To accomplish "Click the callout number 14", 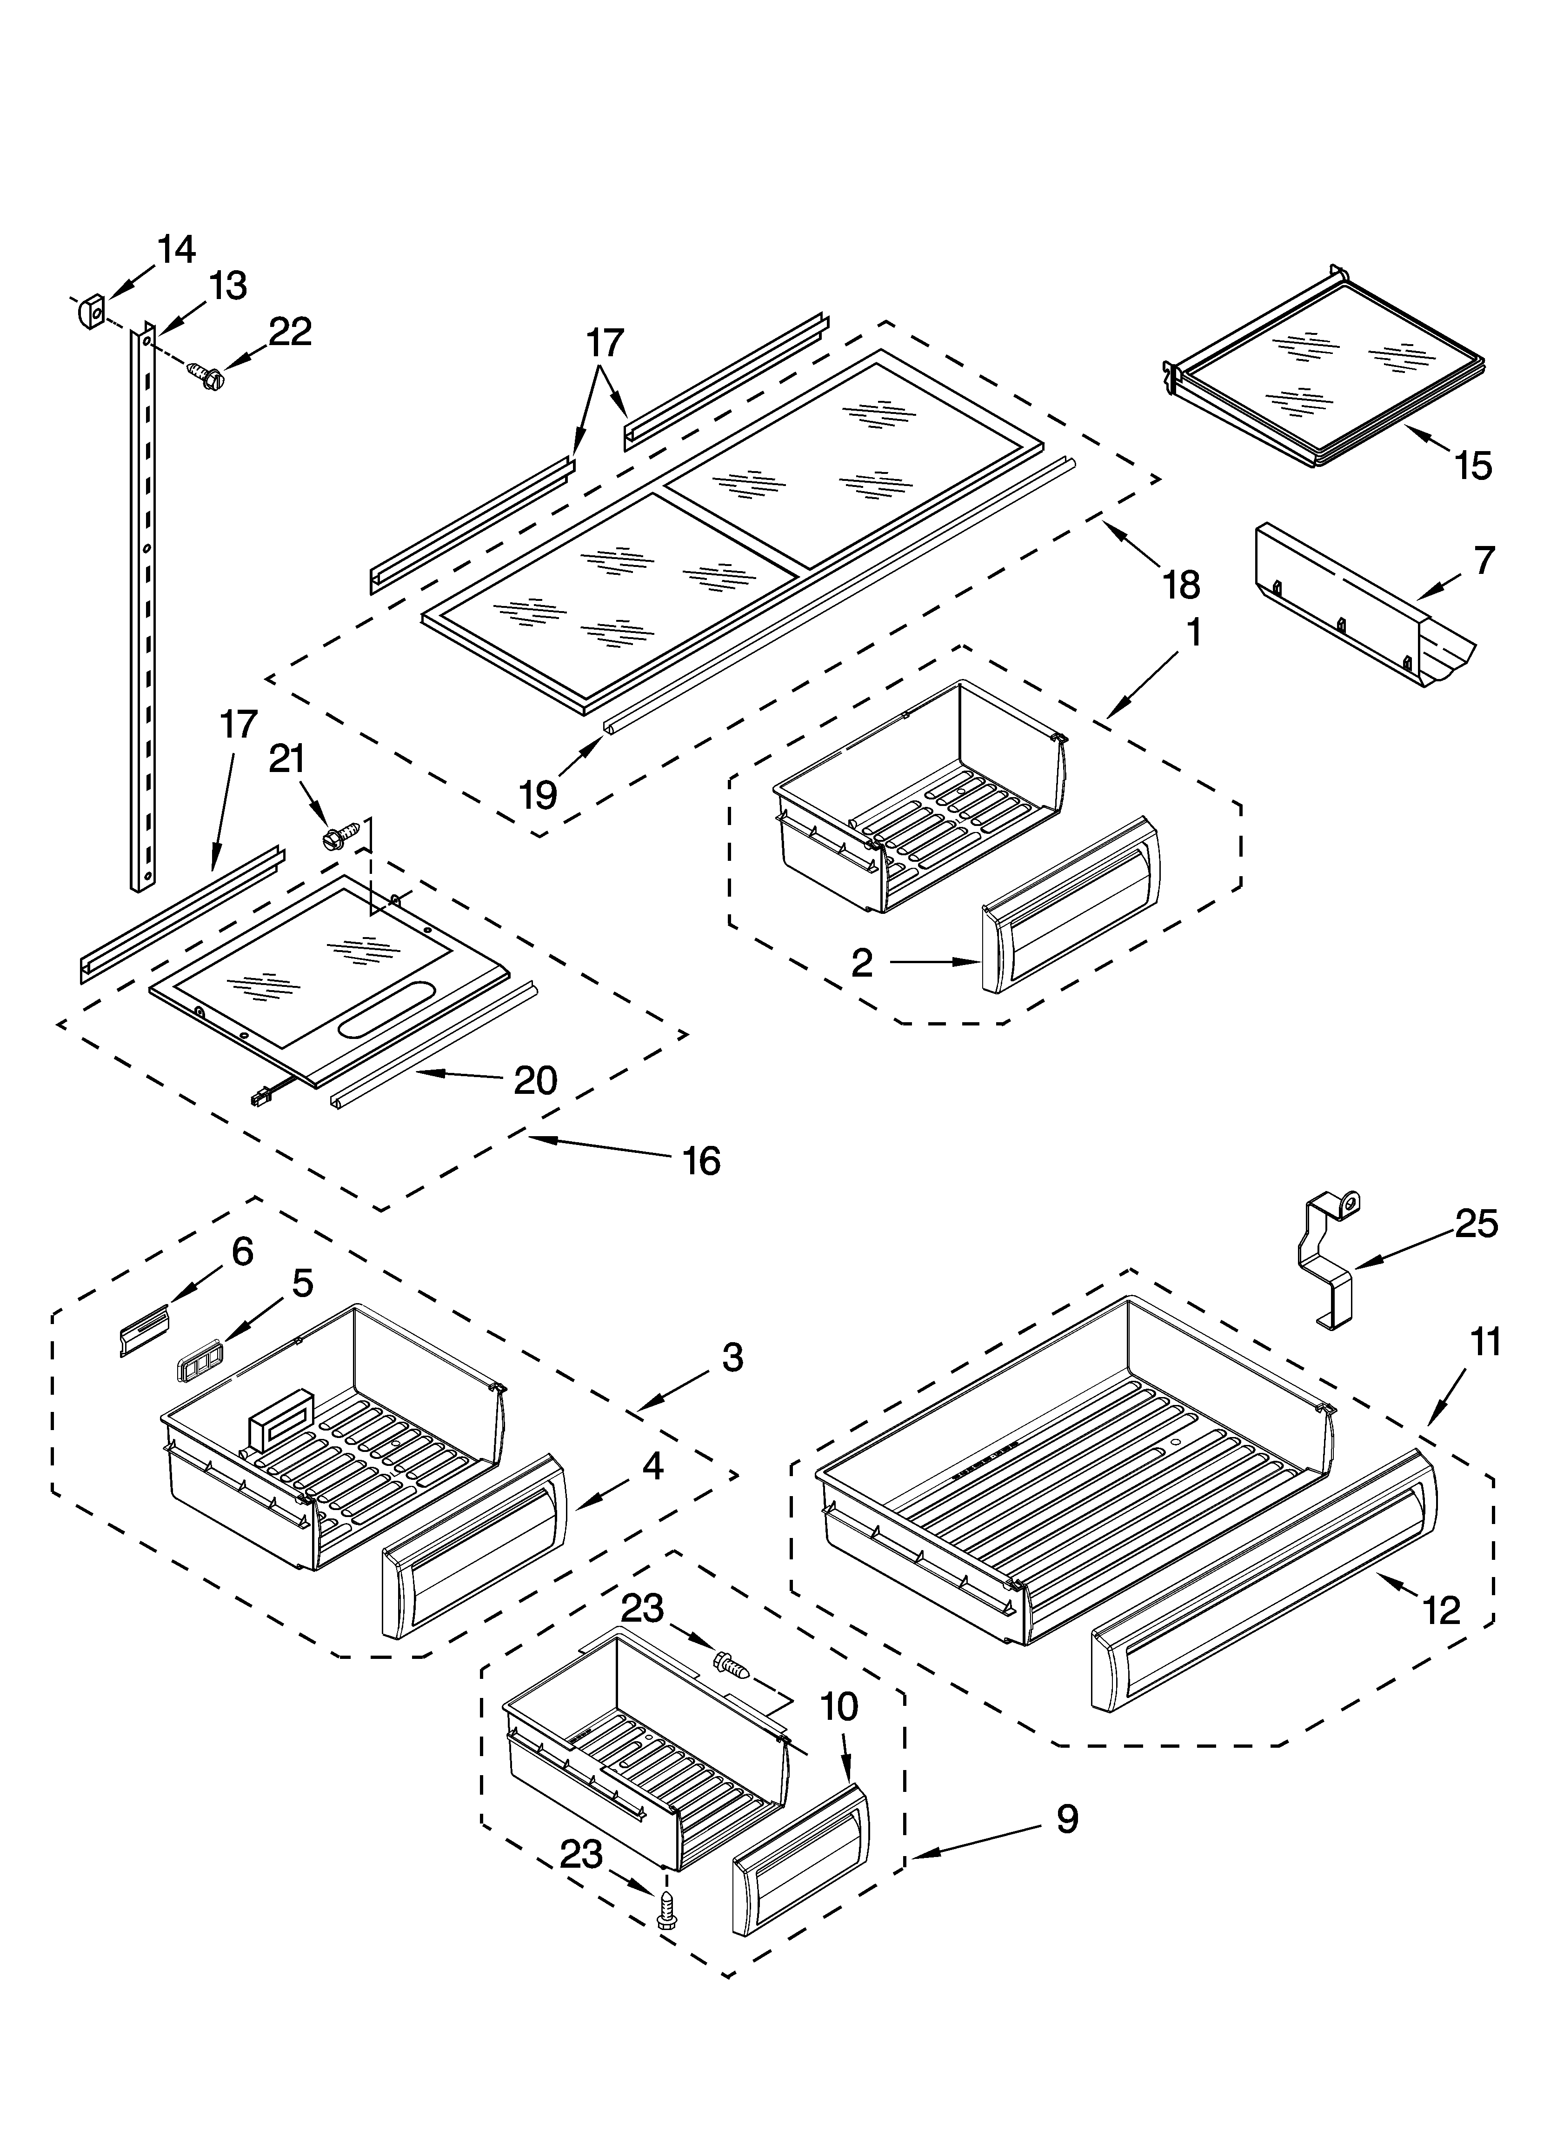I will (x=176, y=249).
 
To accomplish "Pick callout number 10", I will (x=838, y=1706).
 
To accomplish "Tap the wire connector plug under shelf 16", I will (x=258, y=1099).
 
